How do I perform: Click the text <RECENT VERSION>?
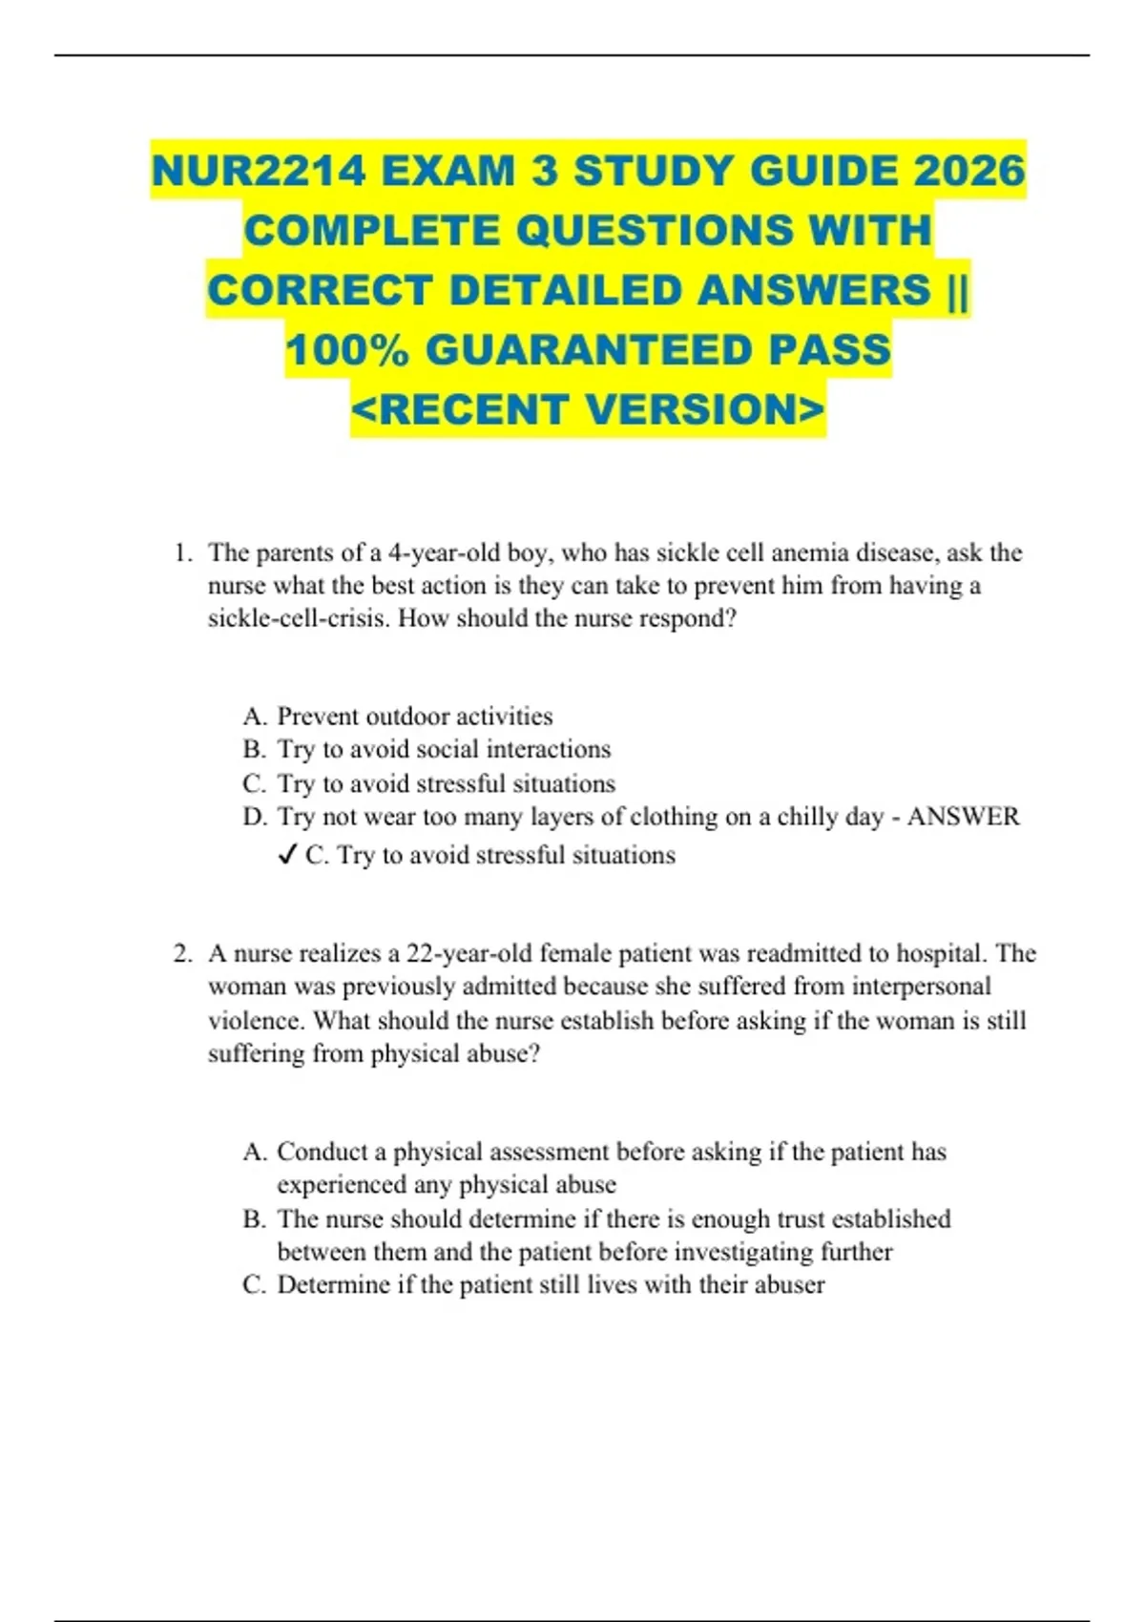[x=588, y=410]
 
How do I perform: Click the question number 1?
[x=182, y=553]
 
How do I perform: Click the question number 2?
[x=182, y=954]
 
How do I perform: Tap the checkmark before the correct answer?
[x=287, y=855]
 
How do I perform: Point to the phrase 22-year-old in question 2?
[x=470, y=954]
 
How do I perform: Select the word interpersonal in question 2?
[x=922, y=987]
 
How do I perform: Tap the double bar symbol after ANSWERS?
[x=957, y=290]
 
